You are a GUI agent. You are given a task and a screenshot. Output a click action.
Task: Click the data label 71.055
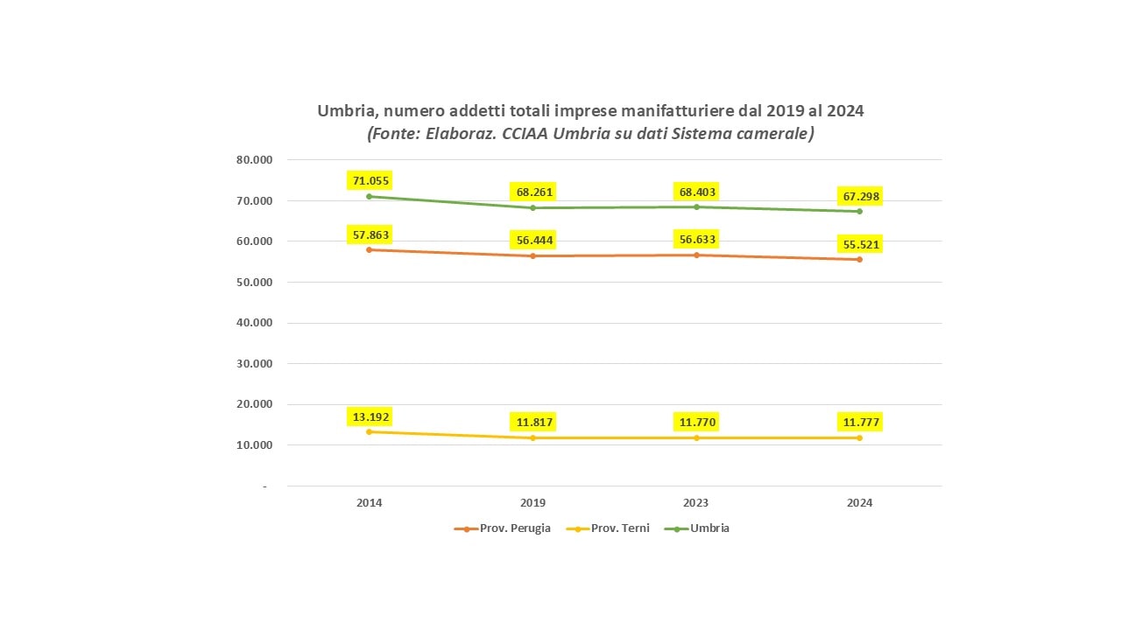(370, 180)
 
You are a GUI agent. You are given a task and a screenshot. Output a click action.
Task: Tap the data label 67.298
(860, 197)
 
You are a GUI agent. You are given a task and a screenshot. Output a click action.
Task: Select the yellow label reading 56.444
(534, 240)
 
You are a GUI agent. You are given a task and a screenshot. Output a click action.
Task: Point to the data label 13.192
(370, 417)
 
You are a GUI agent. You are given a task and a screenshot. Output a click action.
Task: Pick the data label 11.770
(696, 422)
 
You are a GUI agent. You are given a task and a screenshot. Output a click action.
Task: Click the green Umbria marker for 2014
(370, 197)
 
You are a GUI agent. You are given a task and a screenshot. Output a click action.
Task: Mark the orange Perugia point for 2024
(860, 260)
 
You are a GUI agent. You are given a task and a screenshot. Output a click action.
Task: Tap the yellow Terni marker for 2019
(533, 438)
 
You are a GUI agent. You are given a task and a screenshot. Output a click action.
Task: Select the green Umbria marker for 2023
(696, 207)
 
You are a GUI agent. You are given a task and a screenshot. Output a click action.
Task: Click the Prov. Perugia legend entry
(502, 528)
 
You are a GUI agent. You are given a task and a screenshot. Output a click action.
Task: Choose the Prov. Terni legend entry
(608, 528)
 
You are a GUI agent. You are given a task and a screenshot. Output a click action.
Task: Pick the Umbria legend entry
(696, 528)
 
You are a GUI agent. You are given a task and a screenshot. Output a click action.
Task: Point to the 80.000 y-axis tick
(254, 160)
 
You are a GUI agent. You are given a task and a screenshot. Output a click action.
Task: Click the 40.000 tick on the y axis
(254, 323)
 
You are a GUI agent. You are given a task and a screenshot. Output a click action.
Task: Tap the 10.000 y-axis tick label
(254, 445)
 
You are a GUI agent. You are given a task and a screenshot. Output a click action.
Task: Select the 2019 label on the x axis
(533, 503)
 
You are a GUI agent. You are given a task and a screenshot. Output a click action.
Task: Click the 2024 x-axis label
(860, 503)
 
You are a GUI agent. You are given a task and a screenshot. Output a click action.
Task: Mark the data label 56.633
(696, 240)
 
